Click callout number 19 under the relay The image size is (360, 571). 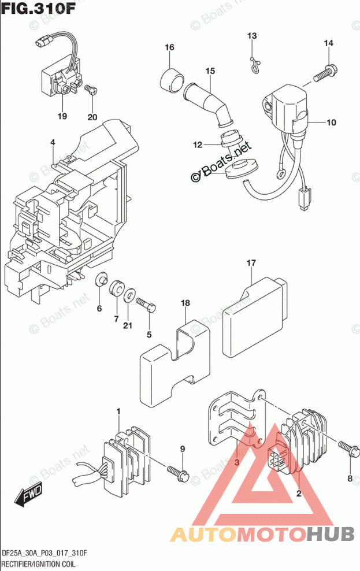[62, 117]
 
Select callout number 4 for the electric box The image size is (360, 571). [52, 143]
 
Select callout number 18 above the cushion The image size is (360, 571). [185, 303]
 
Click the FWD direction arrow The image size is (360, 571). [28, 496]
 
